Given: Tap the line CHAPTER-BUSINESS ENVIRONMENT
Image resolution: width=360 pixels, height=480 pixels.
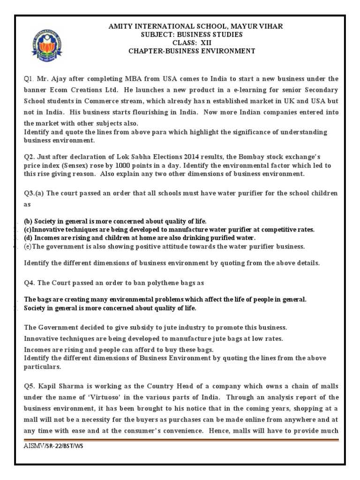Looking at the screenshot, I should pos(192,51).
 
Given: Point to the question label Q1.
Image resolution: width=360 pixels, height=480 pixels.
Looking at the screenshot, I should pos(30,78).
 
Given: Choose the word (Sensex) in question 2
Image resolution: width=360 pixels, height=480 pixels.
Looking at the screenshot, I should pos(76,165).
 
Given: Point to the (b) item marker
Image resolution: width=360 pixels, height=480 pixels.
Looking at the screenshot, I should pos(28,221).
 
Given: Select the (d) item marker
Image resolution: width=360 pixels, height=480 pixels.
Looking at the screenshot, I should pos(29,238).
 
